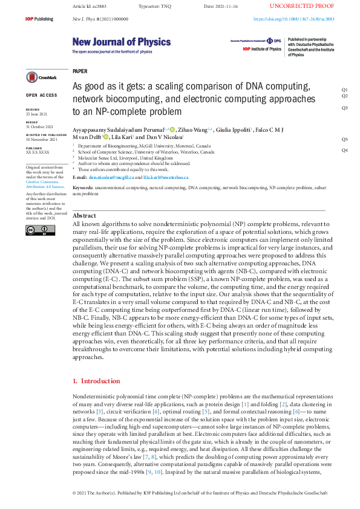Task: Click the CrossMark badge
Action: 41,77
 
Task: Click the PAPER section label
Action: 79,71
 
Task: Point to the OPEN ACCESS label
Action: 41,96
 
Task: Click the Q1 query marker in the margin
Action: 344,89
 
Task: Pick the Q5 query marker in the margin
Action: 344,139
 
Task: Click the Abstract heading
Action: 84,216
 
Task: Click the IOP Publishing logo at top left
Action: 40,19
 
